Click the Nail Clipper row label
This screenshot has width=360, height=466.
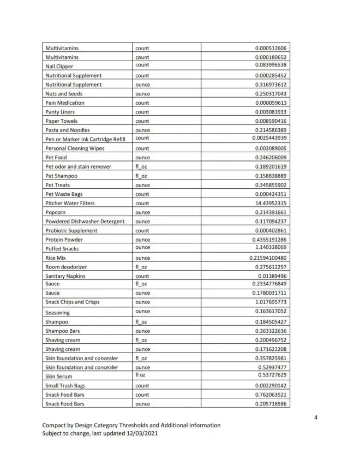coord(59,67)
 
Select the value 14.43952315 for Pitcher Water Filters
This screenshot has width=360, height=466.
coord(271,203)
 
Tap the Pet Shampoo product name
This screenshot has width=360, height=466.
coord(61,176)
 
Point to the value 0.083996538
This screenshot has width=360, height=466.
coord(271,65)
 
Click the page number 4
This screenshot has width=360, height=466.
coord(316,418)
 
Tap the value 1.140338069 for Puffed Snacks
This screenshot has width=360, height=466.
coord(271,247)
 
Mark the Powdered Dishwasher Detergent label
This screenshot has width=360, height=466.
coord(85,222)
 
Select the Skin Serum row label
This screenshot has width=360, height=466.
coord(59,377)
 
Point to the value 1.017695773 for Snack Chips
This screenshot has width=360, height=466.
coord(271,302)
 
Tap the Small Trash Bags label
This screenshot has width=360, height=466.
coord(65,386)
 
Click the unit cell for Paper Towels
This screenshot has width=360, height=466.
coord(142,121)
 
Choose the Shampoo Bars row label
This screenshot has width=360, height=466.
coord(64,331)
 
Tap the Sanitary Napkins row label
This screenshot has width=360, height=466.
coord(65,276)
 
